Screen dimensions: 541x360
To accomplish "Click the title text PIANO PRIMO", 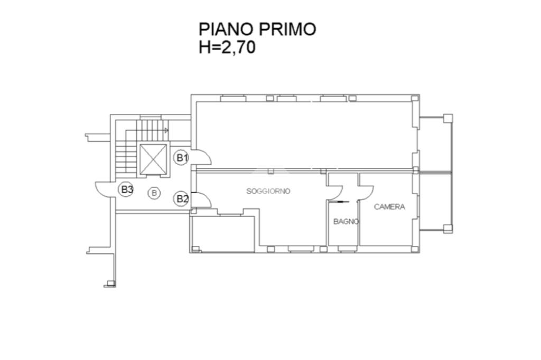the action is tap(257, 29).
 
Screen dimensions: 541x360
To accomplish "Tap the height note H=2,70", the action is tap(227, 48).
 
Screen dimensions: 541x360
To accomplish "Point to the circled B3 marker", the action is tap(126, 189).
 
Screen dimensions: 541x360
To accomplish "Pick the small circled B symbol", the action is tap(154, 193).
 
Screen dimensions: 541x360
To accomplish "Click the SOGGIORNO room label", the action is tap(268, 191).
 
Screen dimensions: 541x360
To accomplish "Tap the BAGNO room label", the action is tap(346, 222).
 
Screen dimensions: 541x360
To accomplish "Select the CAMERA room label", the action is tap(389, 207).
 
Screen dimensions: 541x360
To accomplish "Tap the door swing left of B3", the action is tap(104, 189).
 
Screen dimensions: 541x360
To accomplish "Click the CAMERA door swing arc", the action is tap(367, 192).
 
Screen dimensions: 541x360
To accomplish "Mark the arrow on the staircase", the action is tap(165, 129).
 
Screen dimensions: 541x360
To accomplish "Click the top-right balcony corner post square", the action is tap(447, 118).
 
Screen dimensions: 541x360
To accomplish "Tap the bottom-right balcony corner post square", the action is tap(447, 229).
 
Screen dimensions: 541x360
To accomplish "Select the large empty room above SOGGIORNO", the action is tap(304, 134).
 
